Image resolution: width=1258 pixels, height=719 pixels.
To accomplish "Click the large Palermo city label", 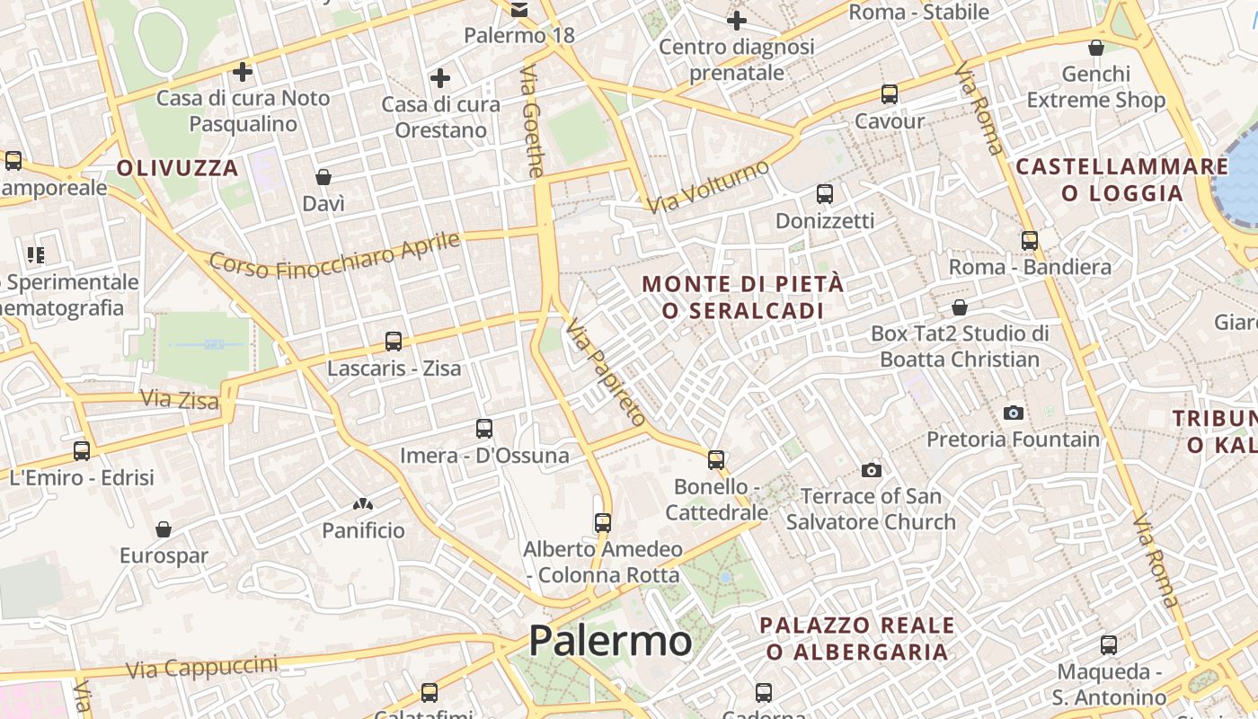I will pos(610,641).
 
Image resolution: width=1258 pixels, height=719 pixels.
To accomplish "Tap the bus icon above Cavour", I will pos(890,93).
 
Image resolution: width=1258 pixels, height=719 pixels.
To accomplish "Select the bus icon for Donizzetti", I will pos(824,193).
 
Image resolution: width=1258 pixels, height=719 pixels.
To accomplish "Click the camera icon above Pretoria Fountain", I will pos(1014,413).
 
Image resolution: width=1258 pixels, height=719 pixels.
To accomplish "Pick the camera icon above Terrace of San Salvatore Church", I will pos(871,470).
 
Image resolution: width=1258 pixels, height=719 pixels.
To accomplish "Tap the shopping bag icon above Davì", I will pos(323,177).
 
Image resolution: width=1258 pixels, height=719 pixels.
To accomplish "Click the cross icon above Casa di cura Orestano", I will pos(440,78).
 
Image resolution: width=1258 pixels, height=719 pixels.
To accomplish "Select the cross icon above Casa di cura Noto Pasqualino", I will pos(243,71).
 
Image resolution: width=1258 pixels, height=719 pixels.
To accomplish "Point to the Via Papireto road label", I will pos(606,372).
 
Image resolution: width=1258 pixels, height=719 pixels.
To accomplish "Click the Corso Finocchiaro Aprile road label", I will pos(334,254).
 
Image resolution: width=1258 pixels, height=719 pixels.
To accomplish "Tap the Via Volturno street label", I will pos(708,187).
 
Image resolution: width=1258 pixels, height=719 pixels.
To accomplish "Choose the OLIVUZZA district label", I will pos(178,168).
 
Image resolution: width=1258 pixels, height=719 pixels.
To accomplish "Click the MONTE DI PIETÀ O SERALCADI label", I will pos(743,297).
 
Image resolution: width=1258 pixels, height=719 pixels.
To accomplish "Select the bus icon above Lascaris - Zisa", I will pos(394,342).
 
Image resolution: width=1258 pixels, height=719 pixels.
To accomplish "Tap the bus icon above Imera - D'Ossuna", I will pos(484,429).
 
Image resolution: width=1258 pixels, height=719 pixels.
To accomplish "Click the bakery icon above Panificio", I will pos(364,504).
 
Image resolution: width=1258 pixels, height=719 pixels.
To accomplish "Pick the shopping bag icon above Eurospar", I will pos(164,529).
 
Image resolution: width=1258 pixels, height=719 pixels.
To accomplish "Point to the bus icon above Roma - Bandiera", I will pos(1030,240).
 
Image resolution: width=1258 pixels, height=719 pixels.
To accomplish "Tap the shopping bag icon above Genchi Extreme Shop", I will pos(1096,48).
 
